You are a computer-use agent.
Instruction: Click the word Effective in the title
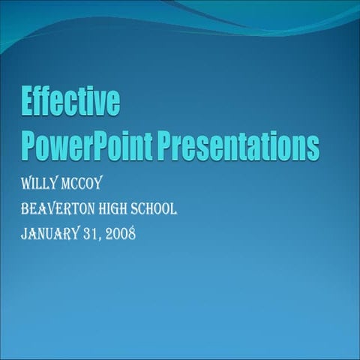pyautogui.click(x=70, y=102)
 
